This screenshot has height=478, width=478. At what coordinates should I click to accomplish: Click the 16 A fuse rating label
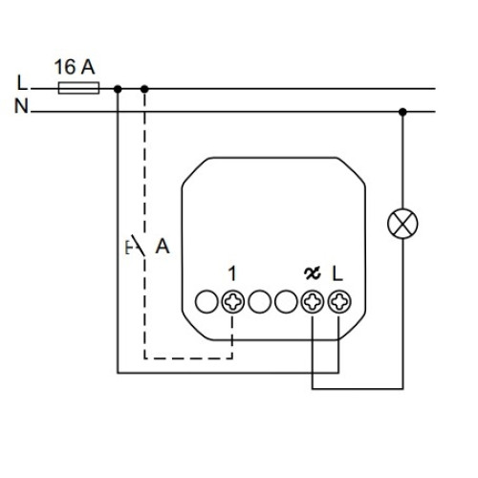click(x=75, y=67)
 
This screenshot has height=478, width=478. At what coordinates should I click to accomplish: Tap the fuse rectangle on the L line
click(x=78, y=88)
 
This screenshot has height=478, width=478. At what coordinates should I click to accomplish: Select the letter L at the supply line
click(x=22, y=82)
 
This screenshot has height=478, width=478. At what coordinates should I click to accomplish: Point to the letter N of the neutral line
click(x=21, y=106)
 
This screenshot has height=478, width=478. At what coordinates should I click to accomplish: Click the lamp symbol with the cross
click(x=402, y=224)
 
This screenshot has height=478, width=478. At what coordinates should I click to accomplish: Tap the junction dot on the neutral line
click(x=402, y=112)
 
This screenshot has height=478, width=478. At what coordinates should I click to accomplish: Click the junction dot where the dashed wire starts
click(x=144, y=89)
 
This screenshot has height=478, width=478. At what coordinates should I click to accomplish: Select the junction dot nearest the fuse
click(x=118, y=89)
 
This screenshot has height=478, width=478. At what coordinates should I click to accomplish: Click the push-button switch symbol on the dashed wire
click(x=136, y=246)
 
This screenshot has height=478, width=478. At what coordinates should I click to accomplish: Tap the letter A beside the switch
click(x=163, y=246)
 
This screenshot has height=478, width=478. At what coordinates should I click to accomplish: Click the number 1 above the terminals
click(x=232, y=274)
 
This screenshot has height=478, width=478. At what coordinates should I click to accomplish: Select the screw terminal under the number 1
click(x=233, y=301)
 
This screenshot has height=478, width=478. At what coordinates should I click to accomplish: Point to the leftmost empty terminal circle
click(x=206, y=301)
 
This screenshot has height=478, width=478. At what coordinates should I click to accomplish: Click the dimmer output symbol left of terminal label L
click(x=313, y=273)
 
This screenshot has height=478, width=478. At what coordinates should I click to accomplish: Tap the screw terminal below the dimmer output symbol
click(x=313, y=301)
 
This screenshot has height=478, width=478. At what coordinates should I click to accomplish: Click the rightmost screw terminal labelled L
click(x=339, y=301)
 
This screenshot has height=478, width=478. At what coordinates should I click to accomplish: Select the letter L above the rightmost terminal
click(x=337, y=274)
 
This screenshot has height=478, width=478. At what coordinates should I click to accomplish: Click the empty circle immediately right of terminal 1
click(x=260, y=301)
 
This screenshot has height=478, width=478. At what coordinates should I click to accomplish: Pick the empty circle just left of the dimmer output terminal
click(x=286, y=301)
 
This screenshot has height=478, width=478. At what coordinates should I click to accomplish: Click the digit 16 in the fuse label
click(x=65, y=67)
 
